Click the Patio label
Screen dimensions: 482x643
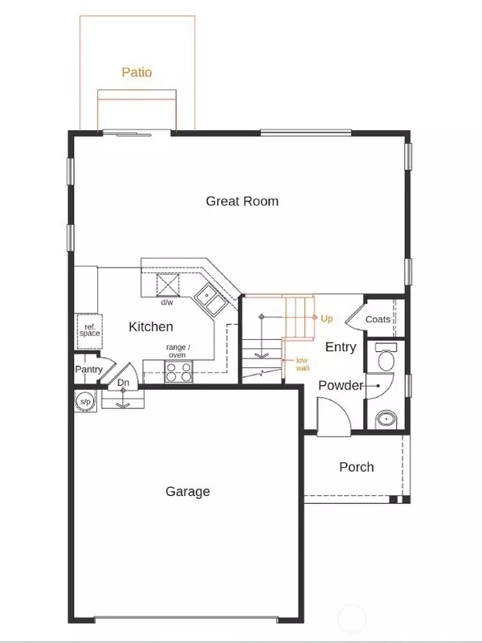pyautogui.click(x=137, y=72)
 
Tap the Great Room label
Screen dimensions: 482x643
pyautogui.click(x=243, y=201)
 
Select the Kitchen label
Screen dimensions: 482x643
pyautogui.click(x=151, y=326)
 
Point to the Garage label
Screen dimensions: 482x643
pyautogui.click(x=188, y=491)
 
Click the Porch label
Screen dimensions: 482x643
pyautogui.click(x=357, y=467)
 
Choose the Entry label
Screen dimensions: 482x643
pyautogui.click(x=341, y=347)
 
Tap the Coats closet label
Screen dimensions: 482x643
pyautogui.click(x=378, y=319)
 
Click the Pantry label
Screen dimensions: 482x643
pyautogui.click(x=88, y=370)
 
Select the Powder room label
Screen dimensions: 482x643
pyautogui.click(x=341, y=386)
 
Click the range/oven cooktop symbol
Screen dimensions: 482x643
pyautogui.click(x=178, y=372)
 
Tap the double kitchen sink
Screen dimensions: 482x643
pyautogui.click(x=210, y=300)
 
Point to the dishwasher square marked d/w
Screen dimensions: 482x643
pyautogui.click(x=168, y=285)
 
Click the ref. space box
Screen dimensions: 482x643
pyautogui.click(x=90, y=331)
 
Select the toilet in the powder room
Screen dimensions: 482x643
pyautogui.click(x=386, y=357)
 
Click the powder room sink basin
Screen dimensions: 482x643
pyautogui.click(x=386, y=419)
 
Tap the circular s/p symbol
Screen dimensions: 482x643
pyautogui.click(x=85, y=401)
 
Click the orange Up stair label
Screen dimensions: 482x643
pyautogui.click(x=327, y=318)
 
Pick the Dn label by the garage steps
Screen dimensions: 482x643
pyautogui.click(x=124, y=383)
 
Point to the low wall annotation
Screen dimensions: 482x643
pyautogui.click(x=303, y=364)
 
